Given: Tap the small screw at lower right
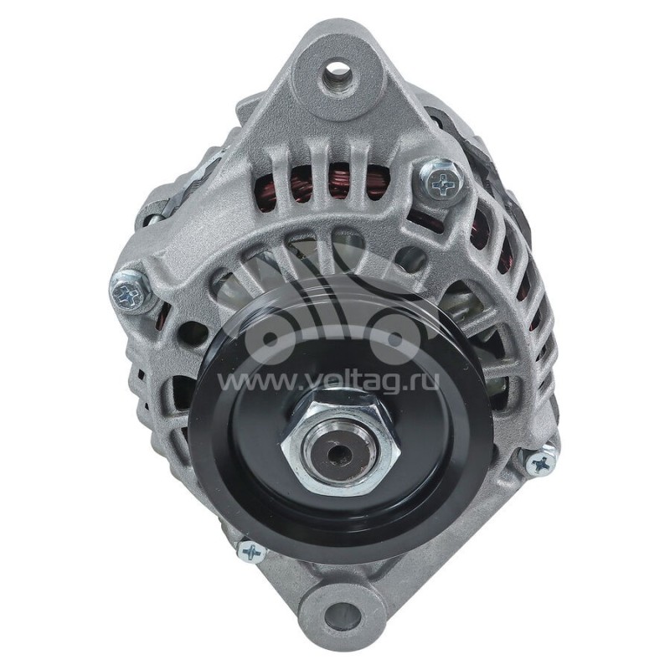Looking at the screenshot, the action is click(x=540, y=462).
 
